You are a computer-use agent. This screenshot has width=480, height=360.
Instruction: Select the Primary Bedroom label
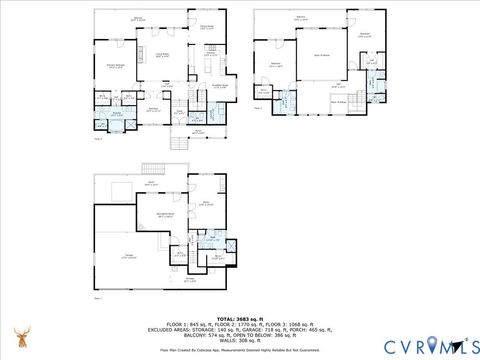[x=115, y=67]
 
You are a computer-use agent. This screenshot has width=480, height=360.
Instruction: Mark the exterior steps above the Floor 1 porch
[x=152, y=167]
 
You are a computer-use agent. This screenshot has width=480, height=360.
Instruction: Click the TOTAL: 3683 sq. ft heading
[x=239, y=318]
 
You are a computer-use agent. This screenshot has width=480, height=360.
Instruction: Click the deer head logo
[x=20, y=336]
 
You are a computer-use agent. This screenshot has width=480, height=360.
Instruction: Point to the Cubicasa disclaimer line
[x=239, y=349]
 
